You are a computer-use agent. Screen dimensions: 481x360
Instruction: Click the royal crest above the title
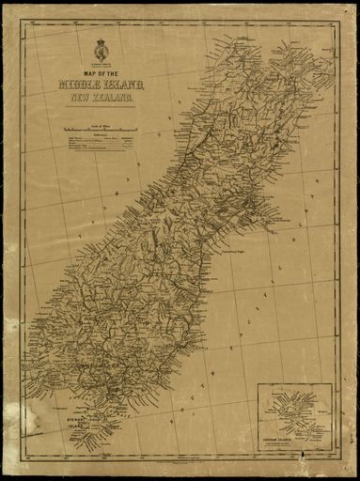(102, 48)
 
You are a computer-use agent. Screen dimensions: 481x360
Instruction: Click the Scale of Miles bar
(101, 128)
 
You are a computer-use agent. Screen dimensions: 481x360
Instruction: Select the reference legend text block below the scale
(101, 142)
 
